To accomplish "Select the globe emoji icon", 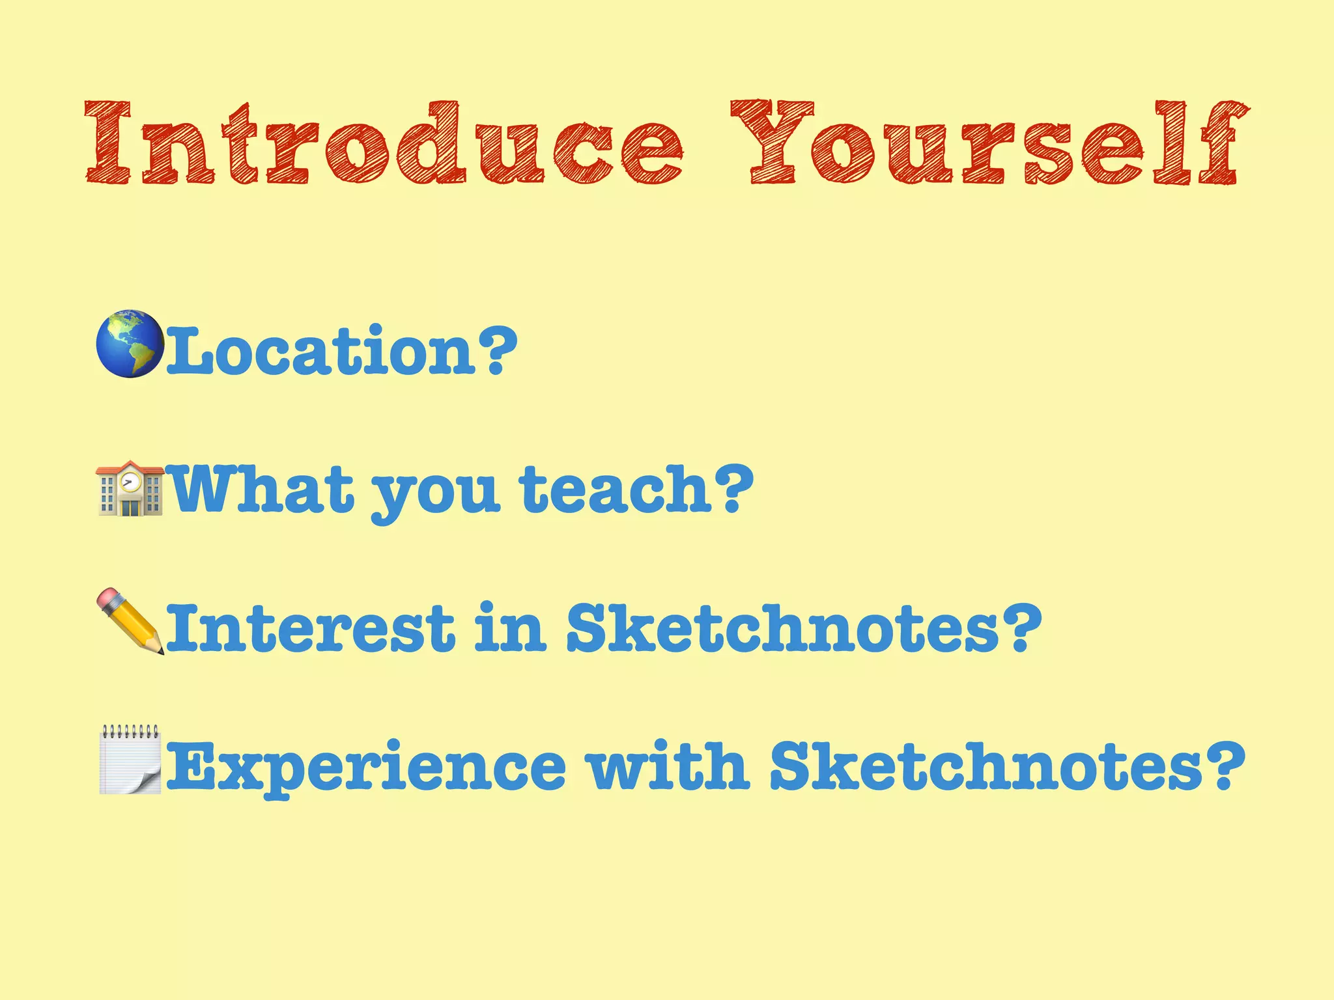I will pos(129,344).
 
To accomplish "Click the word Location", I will pos(320,352).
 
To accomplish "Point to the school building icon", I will pos(130,488).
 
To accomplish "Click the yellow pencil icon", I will pos(130,621).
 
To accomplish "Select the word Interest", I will pos(310,628).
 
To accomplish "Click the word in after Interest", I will pos(509,628).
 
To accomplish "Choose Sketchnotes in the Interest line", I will pos(782,628).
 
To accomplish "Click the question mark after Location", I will pos(497,350).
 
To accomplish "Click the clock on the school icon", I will pos(131,482).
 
